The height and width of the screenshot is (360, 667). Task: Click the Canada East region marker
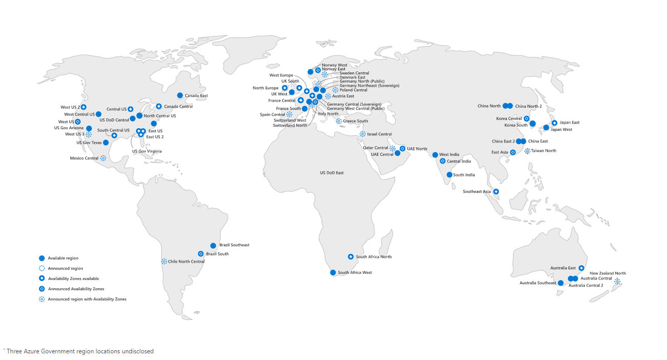coord(180,95)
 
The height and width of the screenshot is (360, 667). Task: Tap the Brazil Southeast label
coord(234,245)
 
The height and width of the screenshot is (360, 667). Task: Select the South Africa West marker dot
coord(333,273)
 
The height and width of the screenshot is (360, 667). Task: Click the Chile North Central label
coord(186,262)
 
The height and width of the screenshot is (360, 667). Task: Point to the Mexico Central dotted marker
coord(103,158)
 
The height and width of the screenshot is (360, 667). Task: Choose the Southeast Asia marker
coord(496,192)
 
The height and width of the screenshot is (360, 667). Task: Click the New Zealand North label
coord(607,273)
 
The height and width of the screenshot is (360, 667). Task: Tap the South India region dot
coord(449,175)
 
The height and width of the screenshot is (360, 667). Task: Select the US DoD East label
coord(331,173)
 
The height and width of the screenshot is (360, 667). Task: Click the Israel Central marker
coord(363,134)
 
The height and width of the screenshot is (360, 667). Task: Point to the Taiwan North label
coord(543,151)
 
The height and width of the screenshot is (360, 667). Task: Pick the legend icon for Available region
coord(42,258)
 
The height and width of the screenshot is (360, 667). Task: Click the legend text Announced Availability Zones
coord(76,289)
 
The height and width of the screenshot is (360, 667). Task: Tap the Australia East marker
coord(581,268)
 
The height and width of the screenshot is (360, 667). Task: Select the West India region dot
coord(435,155)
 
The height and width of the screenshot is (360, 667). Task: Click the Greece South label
coord(355,121)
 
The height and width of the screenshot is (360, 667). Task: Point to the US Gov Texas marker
coord(106,143)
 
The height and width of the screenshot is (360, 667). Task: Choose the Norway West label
coord(335,65)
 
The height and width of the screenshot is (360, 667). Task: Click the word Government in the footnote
coord(64,351)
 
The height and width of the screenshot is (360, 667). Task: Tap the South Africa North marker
coord(351,257)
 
